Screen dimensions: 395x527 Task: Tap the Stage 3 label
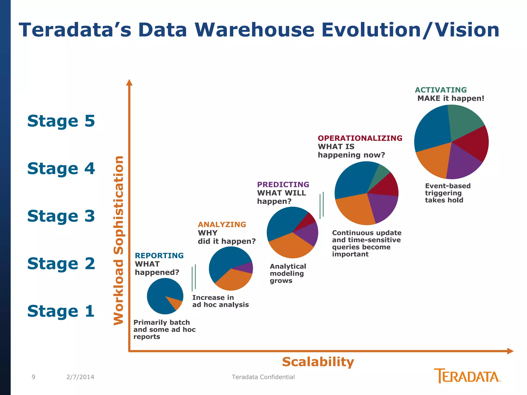tap(61, 216)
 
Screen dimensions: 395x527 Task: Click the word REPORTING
tap(159, 256)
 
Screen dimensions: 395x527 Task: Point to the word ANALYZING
tap(222, 225)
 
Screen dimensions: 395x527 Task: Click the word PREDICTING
tap(283, 184)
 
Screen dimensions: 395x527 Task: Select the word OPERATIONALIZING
tap(360, 138)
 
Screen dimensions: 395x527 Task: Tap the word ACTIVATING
tap(441, 90)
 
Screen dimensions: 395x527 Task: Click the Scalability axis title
tap(318, 362)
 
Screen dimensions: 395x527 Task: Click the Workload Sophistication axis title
tap(119, 240)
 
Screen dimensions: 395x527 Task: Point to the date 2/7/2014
tap(80, 377)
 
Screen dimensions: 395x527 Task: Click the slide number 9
tap(33, 377)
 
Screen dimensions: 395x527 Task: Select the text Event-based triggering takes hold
tap(447, 193)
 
